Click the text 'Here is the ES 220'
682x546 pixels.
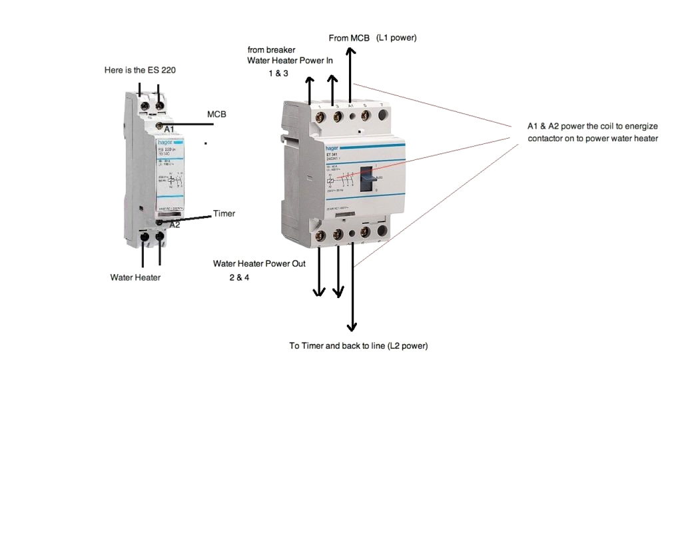[140, 70]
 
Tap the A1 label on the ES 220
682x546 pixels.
[169, 129]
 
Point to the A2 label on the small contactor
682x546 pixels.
[174, 225]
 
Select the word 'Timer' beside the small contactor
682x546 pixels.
[224, 214]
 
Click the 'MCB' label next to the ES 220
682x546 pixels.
[216, 115]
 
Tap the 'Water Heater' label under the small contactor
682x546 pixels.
[135, 277]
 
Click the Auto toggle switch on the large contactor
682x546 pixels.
[370, 178]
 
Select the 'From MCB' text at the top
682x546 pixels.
[349, 38]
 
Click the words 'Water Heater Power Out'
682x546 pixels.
[258, 263]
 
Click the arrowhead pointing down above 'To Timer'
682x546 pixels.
[352, 326]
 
